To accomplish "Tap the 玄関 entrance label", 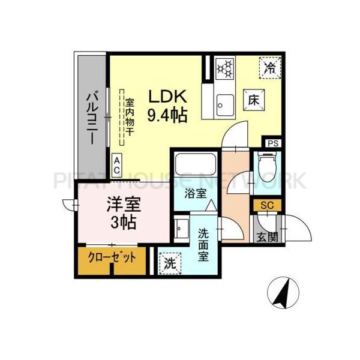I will pyautogui.click(x=267, y=237).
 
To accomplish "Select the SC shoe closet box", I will pyautogui.click(x=267, y=205).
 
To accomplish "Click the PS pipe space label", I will pyautogui.click(x=274, y=143).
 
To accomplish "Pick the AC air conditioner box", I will pyautogui.click(x=117, y=165).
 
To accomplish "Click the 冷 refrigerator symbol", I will pyautogui.click(x=271, y=67).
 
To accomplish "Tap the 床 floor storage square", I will pyautogui.click(x=251, y=100).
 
